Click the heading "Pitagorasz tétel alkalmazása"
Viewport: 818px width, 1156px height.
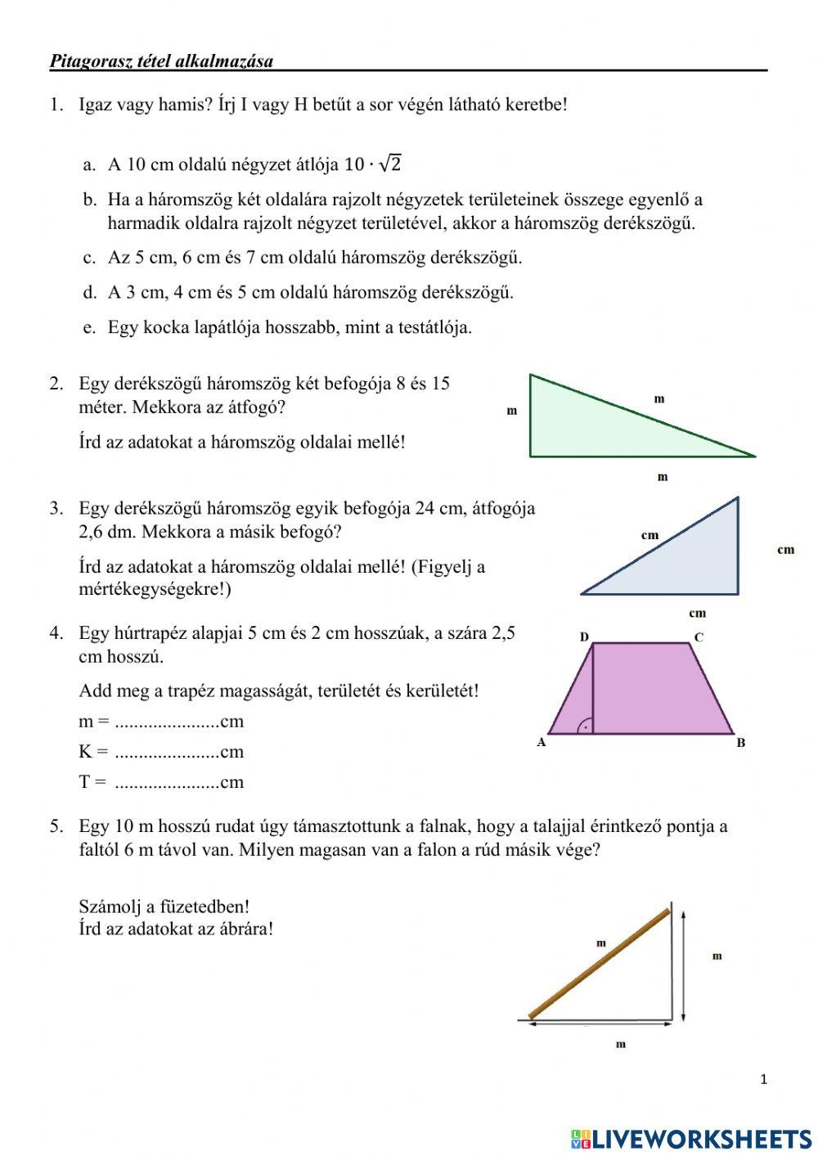(161, 61)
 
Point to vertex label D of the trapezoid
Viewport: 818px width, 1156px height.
(584, 636)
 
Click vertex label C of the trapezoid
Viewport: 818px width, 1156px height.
(699, 636)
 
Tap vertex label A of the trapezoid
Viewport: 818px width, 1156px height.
(541, 743)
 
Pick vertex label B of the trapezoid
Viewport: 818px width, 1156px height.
(741, 743)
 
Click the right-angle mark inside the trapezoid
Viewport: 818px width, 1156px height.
(585, 725)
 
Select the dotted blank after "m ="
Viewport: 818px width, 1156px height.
(167, 722)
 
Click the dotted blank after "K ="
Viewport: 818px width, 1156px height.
(167, 753)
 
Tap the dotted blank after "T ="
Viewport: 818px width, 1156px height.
(167, 783)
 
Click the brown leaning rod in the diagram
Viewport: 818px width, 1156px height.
(600, 963)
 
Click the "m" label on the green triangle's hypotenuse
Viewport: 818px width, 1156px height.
(659, 399)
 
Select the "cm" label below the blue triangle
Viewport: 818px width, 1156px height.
(697, 613)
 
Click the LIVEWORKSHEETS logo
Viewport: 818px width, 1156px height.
(691, 1138)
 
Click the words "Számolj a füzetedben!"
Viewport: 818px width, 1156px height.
(164, 906)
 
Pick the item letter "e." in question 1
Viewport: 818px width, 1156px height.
(90, 328)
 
